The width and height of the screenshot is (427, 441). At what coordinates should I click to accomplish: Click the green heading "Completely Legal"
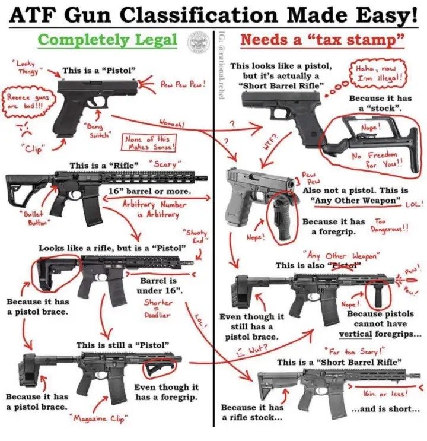click(107, 40)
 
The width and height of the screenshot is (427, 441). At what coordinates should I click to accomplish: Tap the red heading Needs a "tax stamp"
click(322, 41)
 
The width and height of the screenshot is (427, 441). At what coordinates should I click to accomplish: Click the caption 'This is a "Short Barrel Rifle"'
click(339, 362)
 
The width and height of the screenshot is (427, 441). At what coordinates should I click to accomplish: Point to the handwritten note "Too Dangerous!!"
click(389, 226)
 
